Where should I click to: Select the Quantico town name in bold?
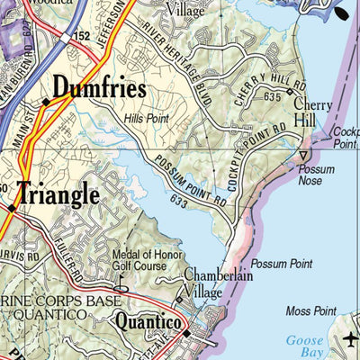point(148,323)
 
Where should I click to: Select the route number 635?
point(273,96)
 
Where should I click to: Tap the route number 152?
point(83,34)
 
